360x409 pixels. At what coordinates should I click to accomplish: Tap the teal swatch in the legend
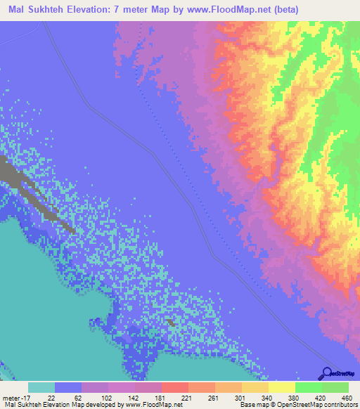click(41, 387)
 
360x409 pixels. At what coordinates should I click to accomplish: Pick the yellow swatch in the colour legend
click(281, 387)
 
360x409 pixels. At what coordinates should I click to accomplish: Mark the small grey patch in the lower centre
click(171, 323)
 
